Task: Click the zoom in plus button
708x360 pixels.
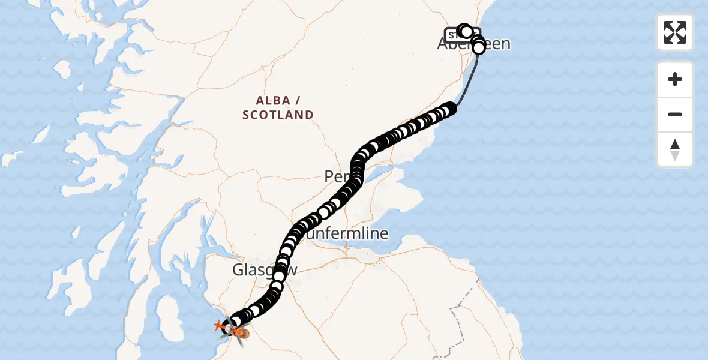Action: (675, 79)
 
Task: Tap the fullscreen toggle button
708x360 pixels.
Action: (675, 32)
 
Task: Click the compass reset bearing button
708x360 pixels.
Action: (675, 149)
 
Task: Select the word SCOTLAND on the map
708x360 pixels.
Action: (278, 115)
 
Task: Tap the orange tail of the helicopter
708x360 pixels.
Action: (218, 326)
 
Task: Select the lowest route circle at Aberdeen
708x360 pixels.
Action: (479, 48)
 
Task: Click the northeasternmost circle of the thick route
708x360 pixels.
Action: (449, 109)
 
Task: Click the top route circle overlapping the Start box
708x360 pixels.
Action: (465, 30)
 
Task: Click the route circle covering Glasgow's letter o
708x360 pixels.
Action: (279, 274)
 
